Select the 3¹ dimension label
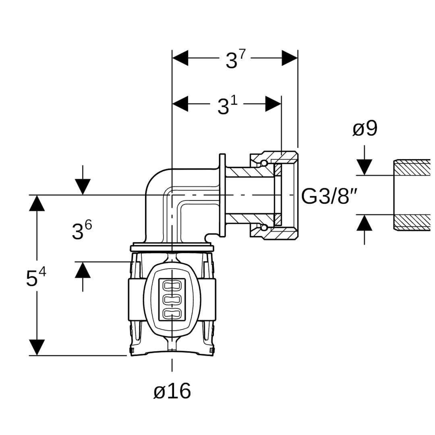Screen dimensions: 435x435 [x=228, y=105]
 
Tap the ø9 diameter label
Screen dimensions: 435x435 [x=365, y=128]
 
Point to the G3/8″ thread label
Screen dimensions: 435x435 [x=329, y=196]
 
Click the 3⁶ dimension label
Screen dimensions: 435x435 [x=81, y=230]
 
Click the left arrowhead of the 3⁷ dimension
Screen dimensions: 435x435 [x=180, y=58]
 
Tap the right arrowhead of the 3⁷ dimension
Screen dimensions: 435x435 [x=290, y=58]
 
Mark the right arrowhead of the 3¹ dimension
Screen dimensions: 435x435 [x=273, y=104]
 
